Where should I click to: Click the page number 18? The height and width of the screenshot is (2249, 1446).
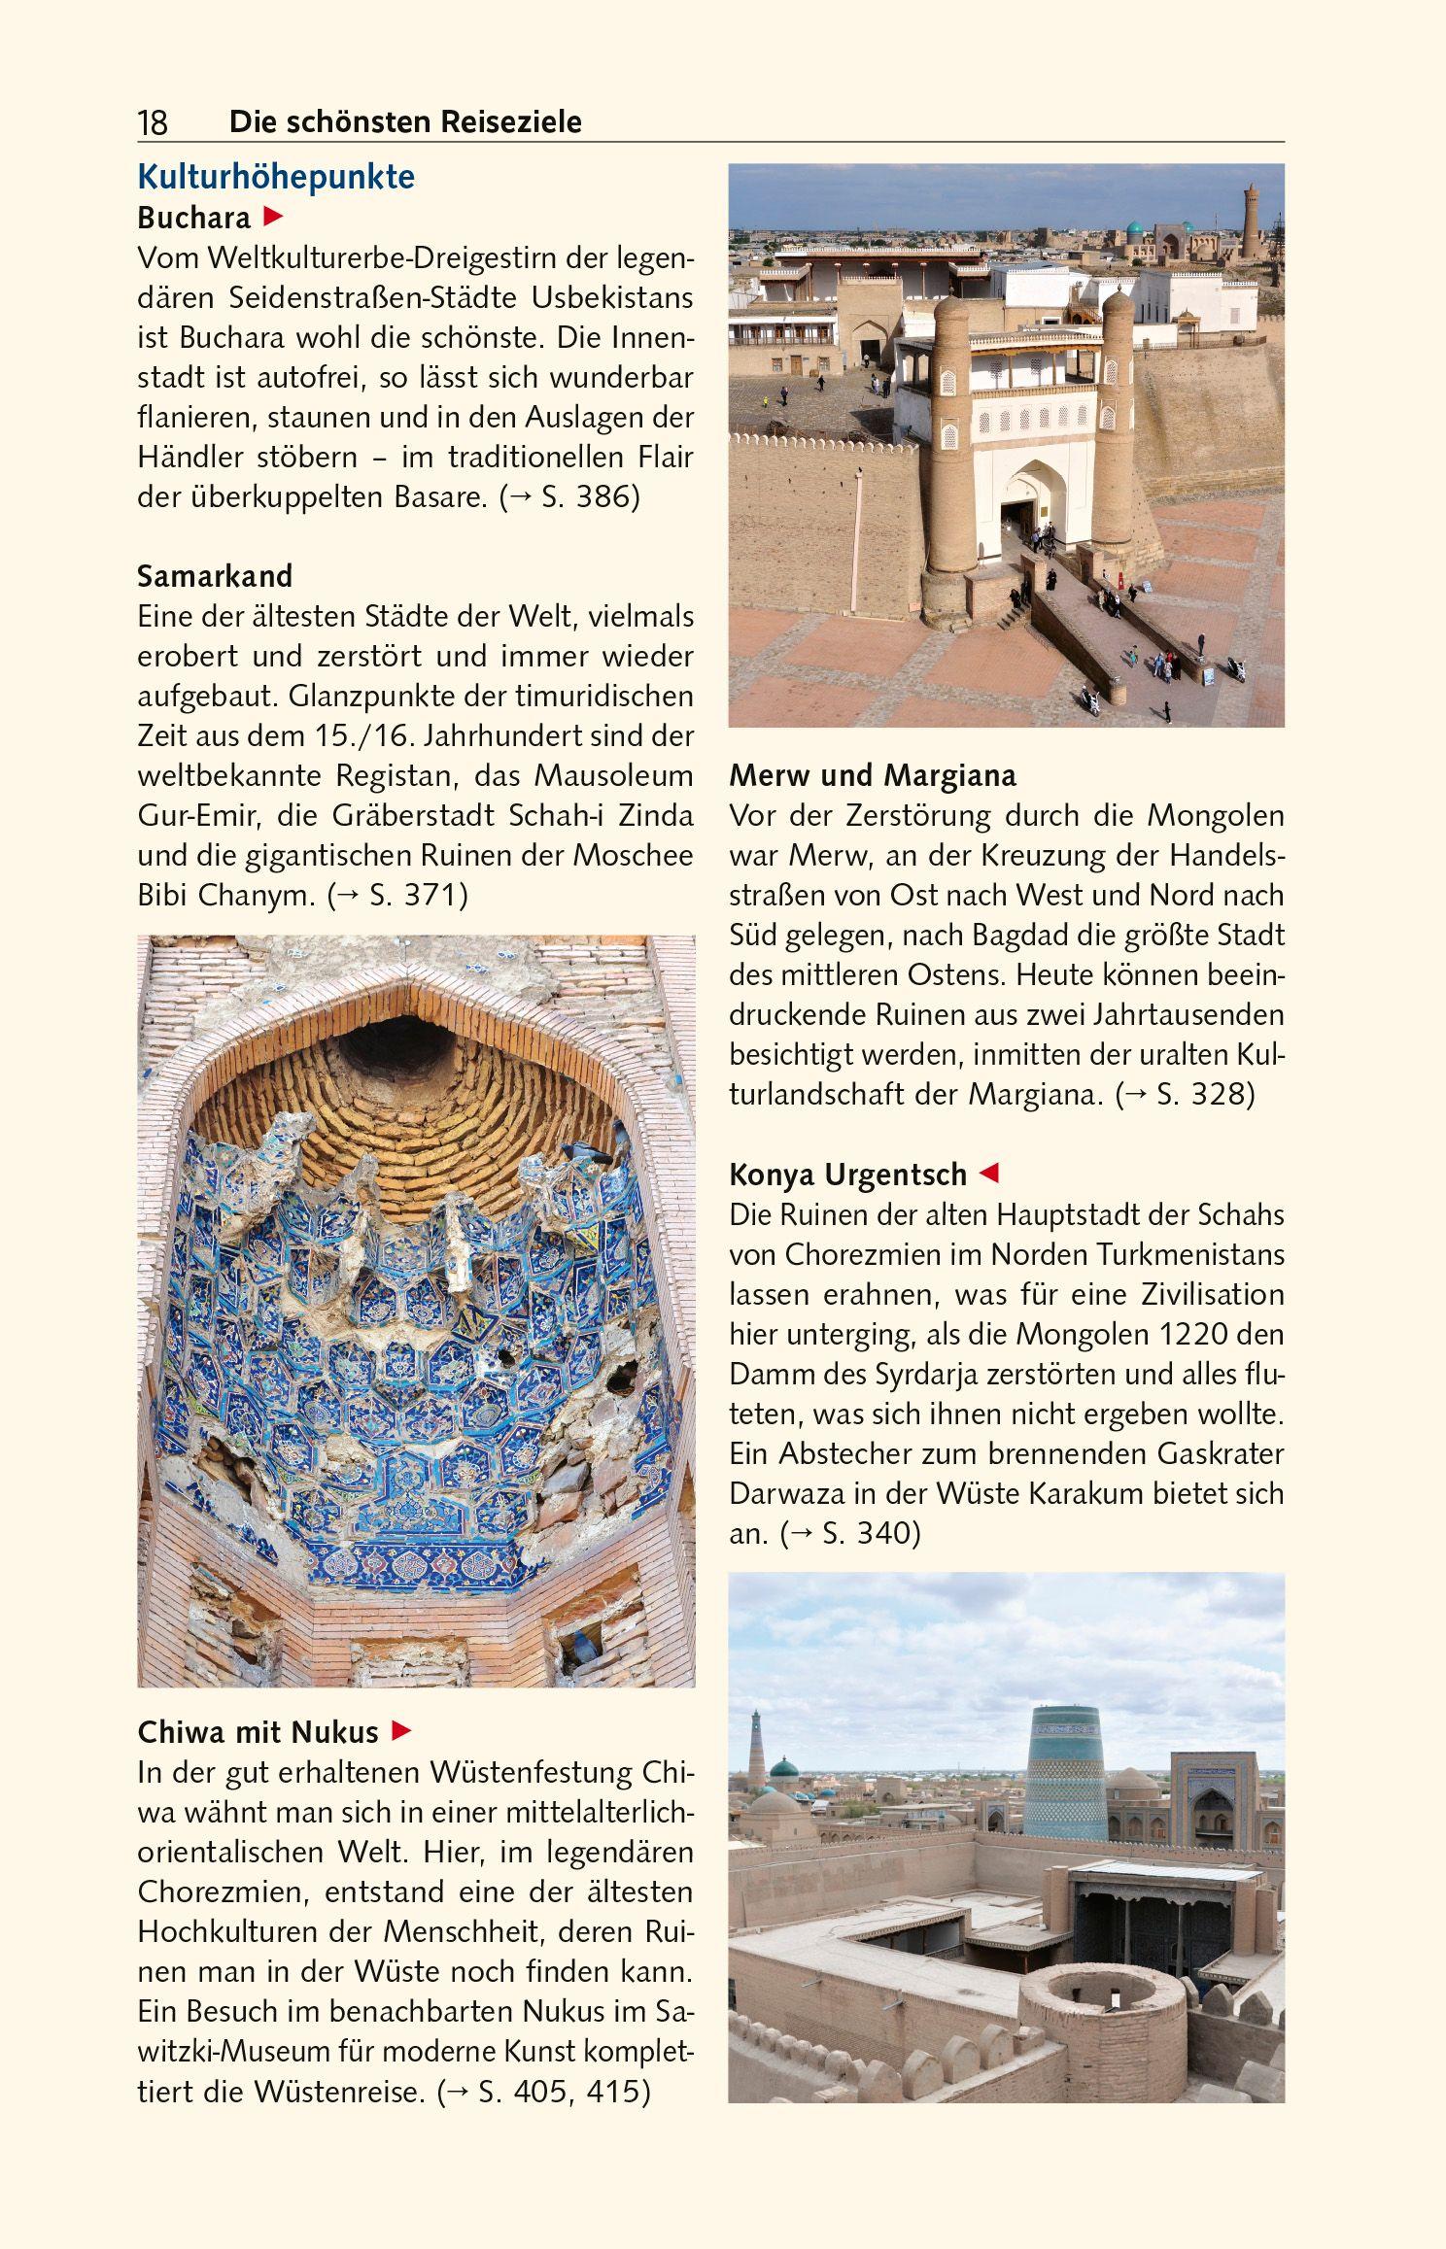coord(153,123)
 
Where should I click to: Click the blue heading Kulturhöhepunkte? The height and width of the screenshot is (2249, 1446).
coord(276,177)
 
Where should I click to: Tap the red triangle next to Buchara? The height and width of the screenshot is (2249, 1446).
coord(273,216)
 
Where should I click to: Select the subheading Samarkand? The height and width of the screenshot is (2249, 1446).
coord(215,576)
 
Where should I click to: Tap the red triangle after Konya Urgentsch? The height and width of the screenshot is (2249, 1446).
coord(988,1173)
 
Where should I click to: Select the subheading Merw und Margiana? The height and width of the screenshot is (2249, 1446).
coord(873,775)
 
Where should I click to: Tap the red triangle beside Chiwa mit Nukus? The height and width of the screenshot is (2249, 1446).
coord(400,1731)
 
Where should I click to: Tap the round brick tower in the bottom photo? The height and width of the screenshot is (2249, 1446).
coord(1102,2016)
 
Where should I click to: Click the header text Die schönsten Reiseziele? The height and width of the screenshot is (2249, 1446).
coord(405,122)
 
